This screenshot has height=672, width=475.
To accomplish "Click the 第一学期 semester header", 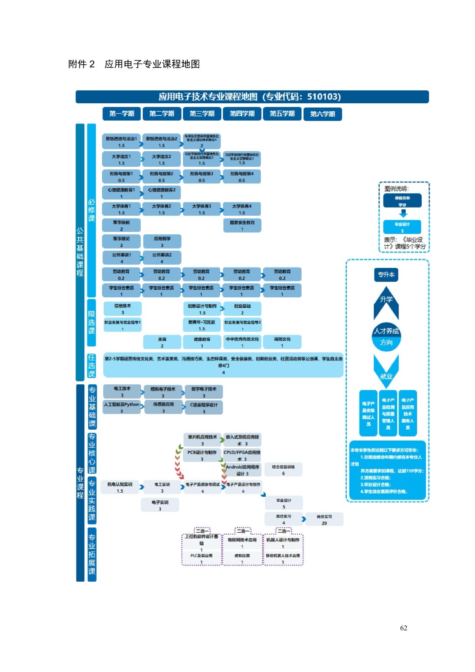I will point(121,114).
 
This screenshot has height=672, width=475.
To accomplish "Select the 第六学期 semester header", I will point(323,114).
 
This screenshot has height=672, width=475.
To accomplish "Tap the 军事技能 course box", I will point(121,226).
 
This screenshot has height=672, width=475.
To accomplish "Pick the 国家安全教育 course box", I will point(242,226).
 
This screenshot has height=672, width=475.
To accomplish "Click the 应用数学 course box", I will point(162,241).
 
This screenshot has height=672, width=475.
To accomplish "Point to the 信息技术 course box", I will point(122,309).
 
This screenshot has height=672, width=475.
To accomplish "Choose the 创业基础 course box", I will point(242,309).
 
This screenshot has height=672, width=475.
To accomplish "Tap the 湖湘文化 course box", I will point(282,342).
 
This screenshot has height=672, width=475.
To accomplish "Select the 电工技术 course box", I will point(122,391).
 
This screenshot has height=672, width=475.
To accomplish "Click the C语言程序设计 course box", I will point(204,408).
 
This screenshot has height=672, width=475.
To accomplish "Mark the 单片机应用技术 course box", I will point(202,440).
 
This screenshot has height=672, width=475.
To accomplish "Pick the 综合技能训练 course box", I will point(283,470).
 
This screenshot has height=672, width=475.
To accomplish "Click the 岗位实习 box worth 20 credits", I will point(324,520).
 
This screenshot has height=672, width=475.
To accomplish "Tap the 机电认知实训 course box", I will point(120,487).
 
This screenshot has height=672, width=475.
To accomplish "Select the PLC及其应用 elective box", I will point(201,559).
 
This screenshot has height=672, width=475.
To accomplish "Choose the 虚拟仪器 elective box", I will point(242,559).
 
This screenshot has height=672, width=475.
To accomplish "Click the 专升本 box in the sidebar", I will point(386,275).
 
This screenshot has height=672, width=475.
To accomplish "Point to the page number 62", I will point(404,628).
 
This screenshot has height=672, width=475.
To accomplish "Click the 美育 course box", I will point(162,342).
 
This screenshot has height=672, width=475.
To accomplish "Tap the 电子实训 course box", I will point(160,505).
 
